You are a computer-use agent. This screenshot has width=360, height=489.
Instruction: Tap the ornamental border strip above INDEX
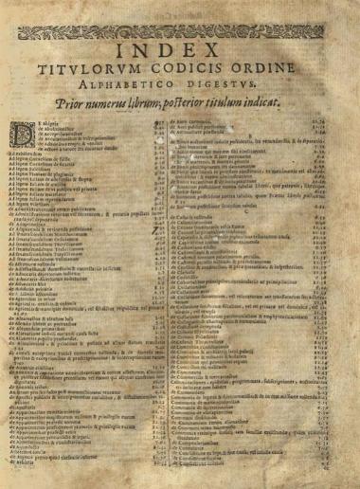(x=181, y=31)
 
